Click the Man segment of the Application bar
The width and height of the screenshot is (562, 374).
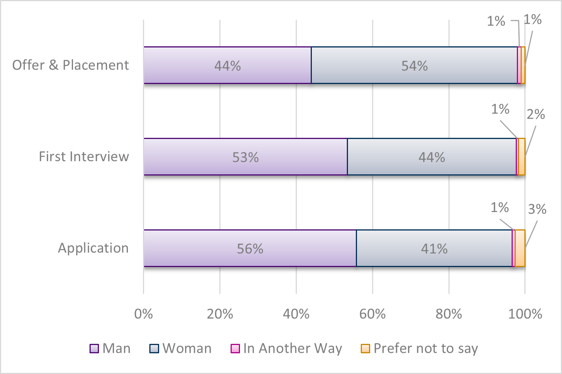coord(196,248)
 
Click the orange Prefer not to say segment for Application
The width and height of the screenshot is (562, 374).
coord(520,248)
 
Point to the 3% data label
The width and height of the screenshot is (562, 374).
coord(537,209)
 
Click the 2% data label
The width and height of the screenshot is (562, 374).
coord(536,114)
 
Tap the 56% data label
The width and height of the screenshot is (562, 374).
coord(250,249)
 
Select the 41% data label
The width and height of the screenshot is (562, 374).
coord(434,249)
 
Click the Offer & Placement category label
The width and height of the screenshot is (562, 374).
coord(71,65)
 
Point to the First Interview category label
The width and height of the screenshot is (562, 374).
coord(84,157)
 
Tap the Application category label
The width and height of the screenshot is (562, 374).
coord(93,248)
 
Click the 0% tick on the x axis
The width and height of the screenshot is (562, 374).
coord(143,314)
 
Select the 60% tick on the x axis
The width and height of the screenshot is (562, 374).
coord(372,314)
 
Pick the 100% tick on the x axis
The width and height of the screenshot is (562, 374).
coord(525,314)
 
